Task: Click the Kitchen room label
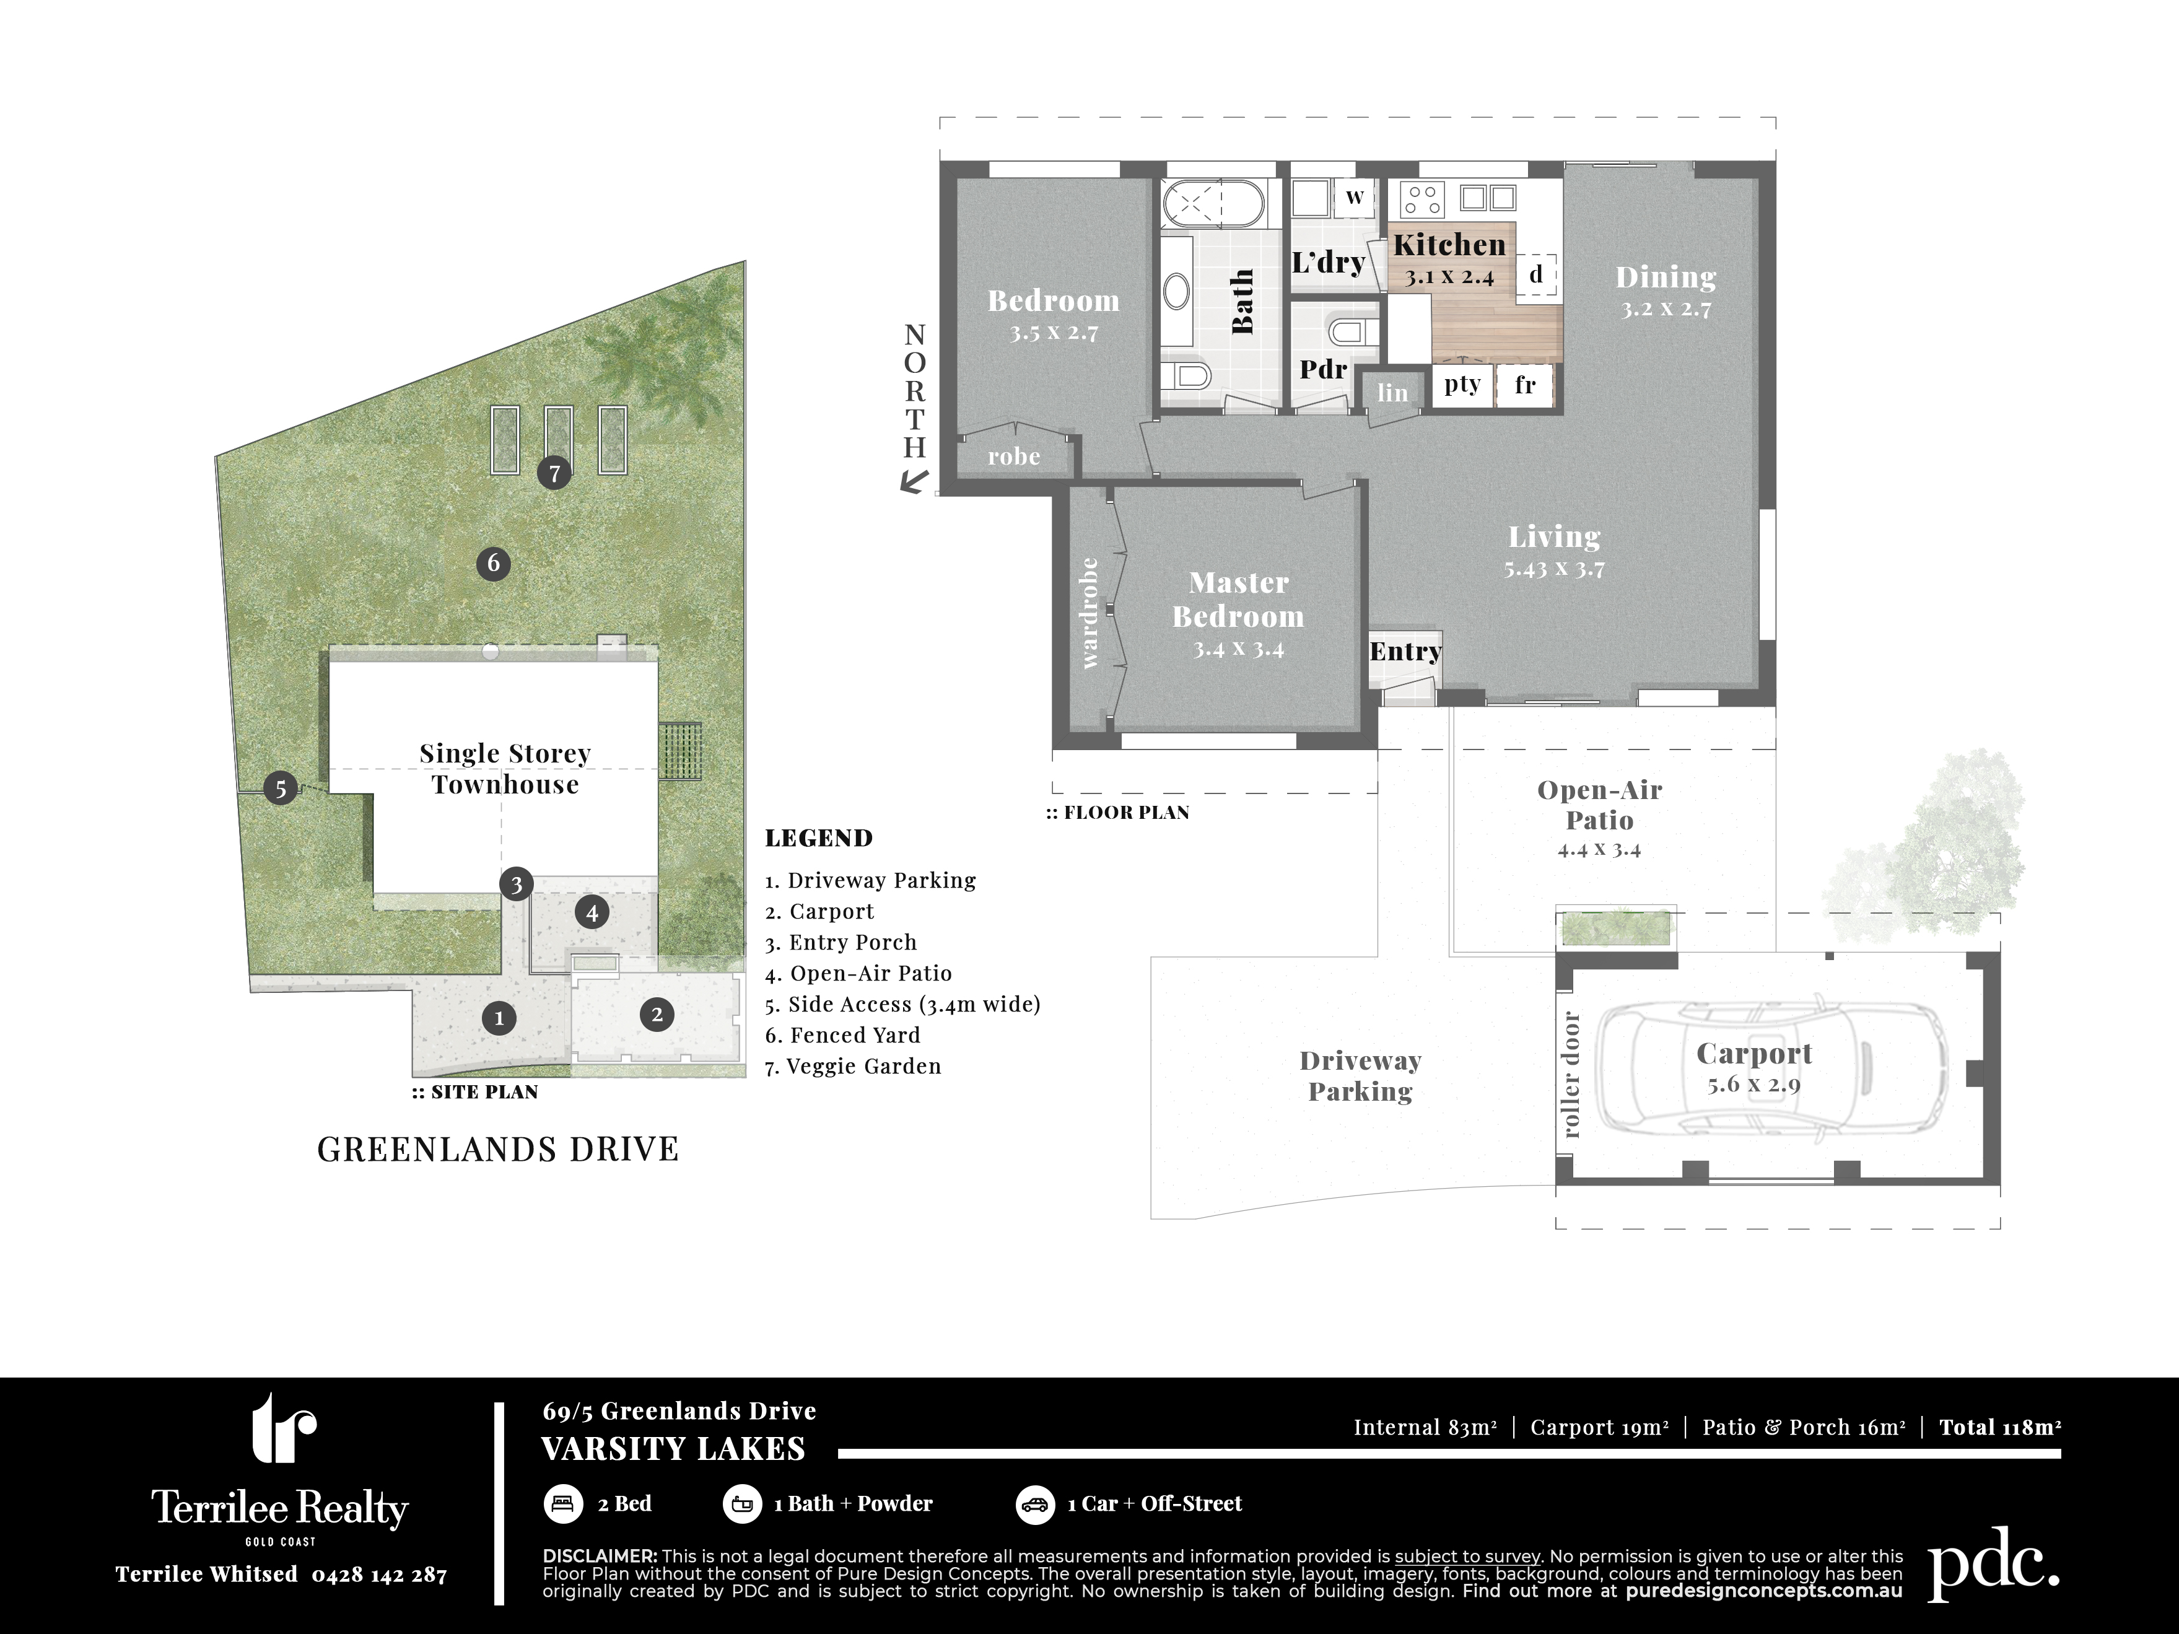(x=1449, y=244)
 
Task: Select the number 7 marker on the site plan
(x=554, y=474)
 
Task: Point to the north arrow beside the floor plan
(x=915, y=482)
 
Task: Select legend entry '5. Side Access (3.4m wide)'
(x=902, y=1005)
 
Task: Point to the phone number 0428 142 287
(x=379, y=1575)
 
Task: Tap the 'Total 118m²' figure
(x=2000, y=1427)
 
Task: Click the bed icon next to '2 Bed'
(x=562, y=1504)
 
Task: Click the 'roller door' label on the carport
(x=1571, y=1075)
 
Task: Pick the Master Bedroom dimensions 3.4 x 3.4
(x=1238, y=649)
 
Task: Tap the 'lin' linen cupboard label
(x=1392, y=393)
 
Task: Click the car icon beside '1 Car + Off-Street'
(x=1034, y=1504)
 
